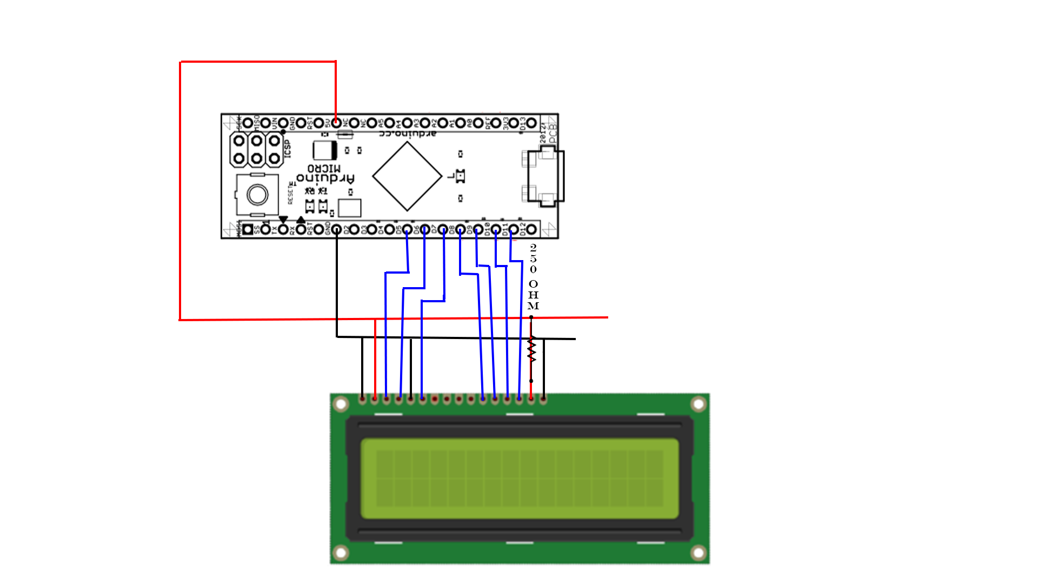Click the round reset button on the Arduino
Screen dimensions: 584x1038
click(x=257, y=195)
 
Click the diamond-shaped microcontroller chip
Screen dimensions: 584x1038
click(x=407, y=176)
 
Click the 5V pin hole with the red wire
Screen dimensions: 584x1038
click(x=336, y=123)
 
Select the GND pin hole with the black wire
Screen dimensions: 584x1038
click(x=336, y=229)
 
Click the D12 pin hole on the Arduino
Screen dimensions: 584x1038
click(x=531, y=229)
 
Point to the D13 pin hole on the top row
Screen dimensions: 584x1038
click(x=531, y=123)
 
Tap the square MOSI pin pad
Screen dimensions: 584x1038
click(x=248, y=229)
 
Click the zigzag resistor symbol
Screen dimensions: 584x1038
click(x=532, y=349)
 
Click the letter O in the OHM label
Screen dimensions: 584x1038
click(x=533, y=284)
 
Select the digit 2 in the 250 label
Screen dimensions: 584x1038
click(x=533, y=247)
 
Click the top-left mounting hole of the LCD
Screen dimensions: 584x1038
click(x=341, y=404)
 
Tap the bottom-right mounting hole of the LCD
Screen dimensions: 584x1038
click(x=698, y=553)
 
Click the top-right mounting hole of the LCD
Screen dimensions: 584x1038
click(x=698, y=404)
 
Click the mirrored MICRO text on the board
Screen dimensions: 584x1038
click(x=324, y=168)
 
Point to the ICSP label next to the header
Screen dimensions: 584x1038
click(x=288, y=149)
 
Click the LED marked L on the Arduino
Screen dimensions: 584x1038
click(x=460, y=176)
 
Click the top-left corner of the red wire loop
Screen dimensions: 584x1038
click(x=181, y=62)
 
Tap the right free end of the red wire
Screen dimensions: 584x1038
click(x=607, y=317)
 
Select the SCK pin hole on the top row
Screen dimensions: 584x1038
click(x=248, y=123)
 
